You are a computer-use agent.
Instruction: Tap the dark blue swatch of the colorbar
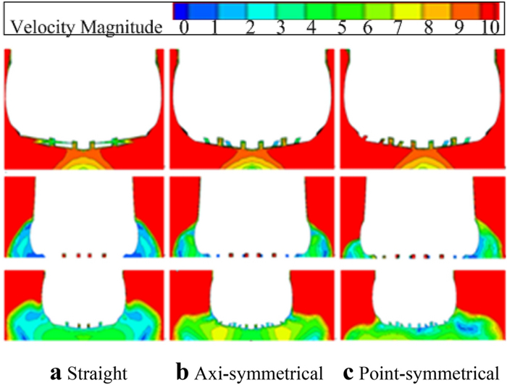[x=185, y=10]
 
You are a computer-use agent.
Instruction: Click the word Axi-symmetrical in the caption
[x=259, y=374]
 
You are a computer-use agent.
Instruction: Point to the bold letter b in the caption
[x=183, y=374]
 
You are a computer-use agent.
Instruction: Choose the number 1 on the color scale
[x=214, y=27]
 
